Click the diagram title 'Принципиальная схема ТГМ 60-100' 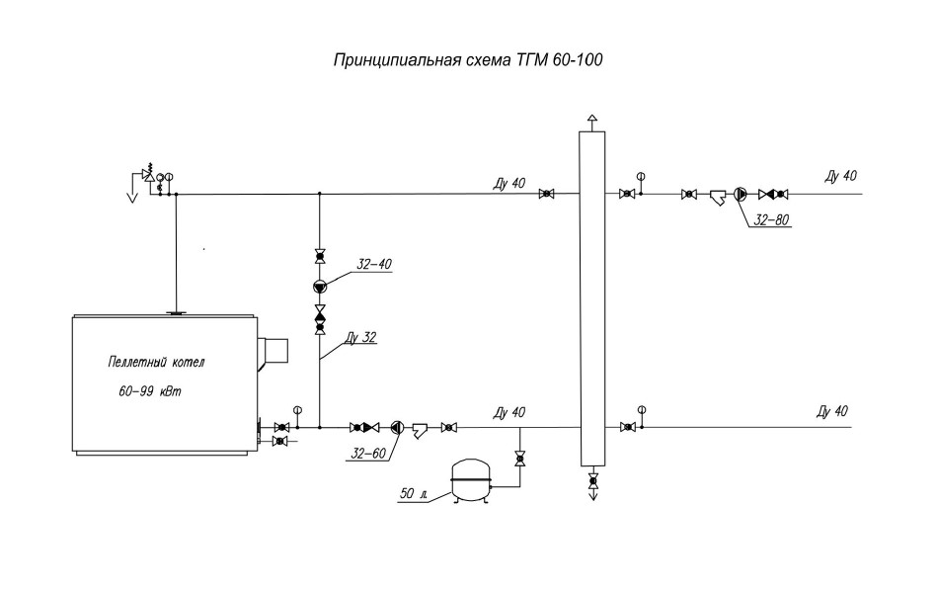pos(468,60)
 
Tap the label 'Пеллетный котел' pos(157,362)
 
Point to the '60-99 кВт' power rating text pos(149,391)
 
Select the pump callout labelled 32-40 pos(374,264)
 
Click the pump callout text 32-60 pos(368,454)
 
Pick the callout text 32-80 pos(771,220)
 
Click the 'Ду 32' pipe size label pos(361,338)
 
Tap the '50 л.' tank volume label pos(414,494)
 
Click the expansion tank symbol pos(469,480)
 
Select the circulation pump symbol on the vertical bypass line pos(320,287)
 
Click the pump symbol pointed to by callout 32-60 pos(397,428)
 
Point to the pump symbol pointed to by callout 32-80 pos(741,194)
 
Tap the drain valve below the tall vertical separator pos(592,480)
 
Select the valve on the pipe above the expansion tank pos(519,460)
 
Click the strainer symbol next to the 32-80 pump pos(718,197)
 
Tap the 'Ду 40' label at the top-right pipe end pos(840,176)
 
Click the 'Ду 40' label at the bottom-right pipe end pos(832,411)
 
